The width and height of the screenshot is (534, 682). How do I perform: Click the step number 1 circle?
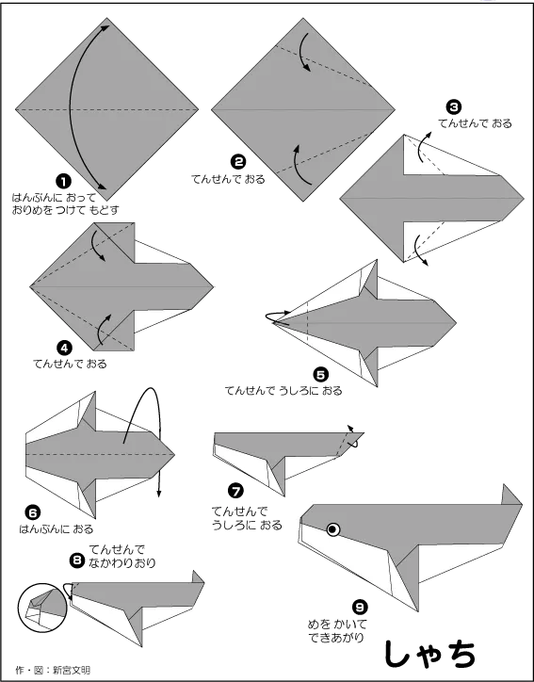coord(63,182)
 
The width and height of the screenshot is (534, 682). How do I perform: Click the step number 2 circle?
coord(238,162)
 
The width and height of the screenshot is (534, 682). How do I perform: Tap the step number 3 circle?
coord(454,107)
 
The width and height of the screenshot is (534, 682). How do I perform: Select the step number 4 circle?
coord(64,348)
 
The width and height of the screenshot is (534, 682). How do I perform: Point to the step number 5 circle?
coord(320,375)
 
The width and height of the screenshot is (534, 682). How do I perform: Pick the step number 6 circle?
coord(33,513)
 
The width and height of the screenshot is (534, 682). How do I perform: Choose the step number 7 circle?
coord(235,492)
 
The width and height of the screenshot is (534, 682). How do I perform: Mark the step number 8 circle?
coord(77,560)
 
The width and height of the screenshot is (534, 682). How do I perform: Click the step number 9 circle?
coord(360,607)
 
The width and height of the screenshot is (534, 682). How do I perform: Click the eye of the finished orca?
coord(333,529)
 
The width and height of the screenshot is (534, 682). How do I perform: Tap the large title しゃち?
coord(429,654)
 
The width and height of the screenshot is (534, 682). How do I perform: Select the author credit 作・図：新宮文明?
coord(53,671)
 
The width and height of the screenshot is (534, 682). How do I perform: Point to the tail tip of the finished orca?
coord(505,484)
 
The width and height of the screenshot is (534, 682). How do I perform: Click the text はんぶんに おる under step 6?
coord(57,529)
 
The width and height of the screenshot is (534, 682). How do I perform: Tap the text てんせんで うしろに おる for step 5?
coord(283,391)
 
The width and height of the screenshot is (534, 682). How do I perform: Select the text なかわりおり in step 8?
coord(122,563)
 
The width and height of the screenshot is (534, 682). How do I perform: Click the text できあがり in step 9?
coord(336,638)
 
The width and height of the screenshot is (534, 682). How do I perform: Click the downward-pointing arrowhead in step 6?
coord(159,494)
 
